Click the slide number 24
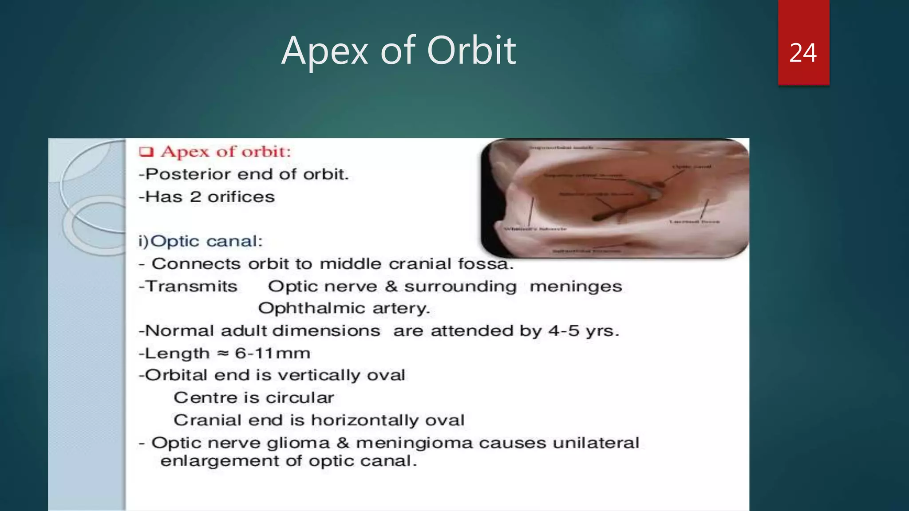803,53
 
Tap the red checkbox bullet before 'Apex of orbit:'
146,152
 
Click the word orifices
241,197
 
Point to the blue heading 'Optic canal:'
206,241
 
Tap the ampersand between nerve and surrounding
391,286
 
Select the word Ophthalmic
312,308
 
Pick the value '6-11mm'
273,354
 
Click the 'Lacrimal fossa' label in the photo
694,221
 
